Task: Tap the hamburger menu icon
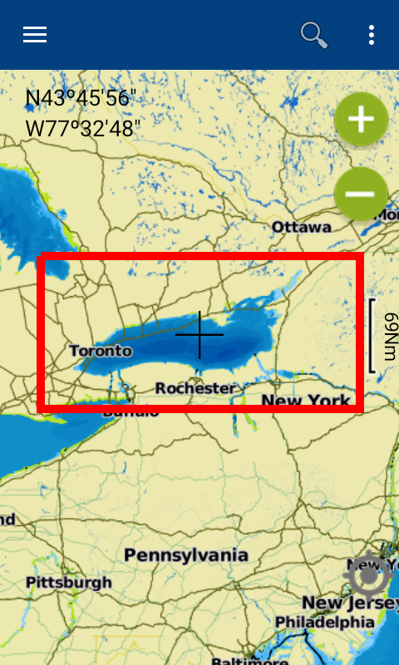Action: coord(35,35)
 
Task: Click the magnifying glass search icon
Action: coord(313,35)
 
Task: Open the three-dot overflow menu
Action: coord(371,35)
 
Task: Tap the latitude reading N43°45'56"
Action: coord(81,99)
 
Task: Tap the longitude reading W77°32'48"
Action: coord(83,129)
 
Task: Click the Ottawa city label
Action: coord(302,227)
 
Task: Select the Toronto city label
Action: coord(101,351)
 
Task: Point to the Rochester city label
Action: coord(195,388)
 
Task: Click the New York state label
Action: coord(306,401)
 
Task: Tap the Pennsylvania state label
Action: coord(186,554)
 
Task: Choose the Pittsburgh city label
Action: coord(68,583)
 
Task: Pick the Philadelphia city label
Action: coord(324,622)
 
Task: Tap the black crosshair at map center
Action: coord(199,334)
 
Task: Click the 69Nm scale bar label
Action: coord(389,336)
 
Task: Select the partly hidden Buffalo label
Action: coord(131,412)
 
